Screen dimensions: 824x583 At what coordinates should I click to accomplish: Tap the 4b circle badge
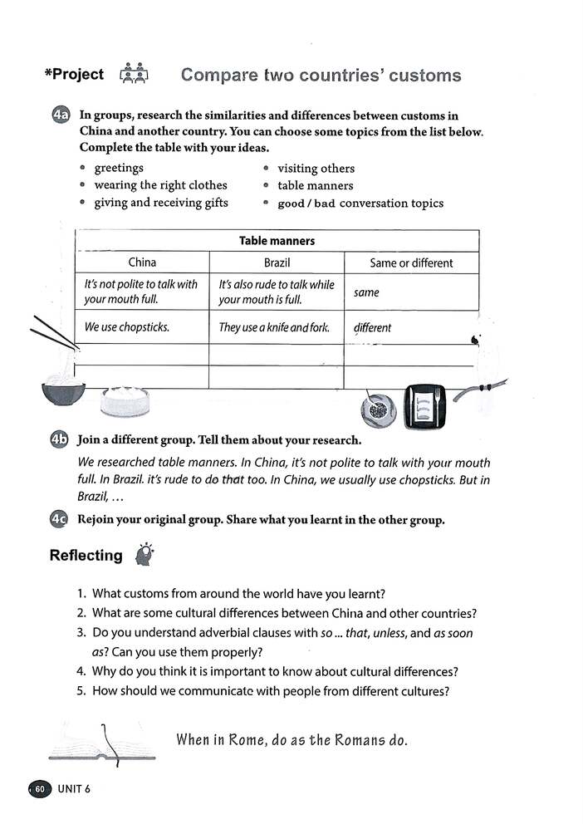[x=58, y=440]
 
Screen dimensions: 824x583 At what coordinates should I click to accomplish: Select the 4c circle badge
[x=58, y=520]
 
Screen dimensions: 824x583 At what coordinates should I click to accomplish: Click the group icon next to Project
[x=133, y=75]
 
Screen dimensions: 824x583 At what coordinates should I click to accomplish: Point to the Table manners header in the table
[x=277, y=241]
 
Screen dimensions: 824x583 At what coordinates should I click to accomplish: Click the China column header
[x=142, y=262]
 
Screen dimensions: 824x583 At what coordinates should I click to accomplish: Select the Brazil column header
[x=277, y=262]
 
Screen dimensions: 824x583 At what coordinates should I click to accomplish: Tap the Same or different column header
[x=411, y=262]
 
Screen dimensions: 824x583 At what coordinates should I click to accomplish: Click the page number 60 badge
[x=41, y=788]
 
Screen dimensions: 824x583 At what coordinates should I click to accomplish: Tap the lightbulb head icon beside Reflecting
[x=145, y=555]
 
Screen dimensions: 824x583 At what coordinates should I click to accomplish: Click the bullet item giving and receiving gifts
[x=160, y=203]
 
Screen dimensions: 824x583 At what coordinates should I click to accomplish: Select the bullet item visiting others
[x=316, y=168]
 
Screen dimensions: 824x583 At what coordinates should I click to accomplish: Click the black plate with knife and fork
[x=424, y=407]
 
